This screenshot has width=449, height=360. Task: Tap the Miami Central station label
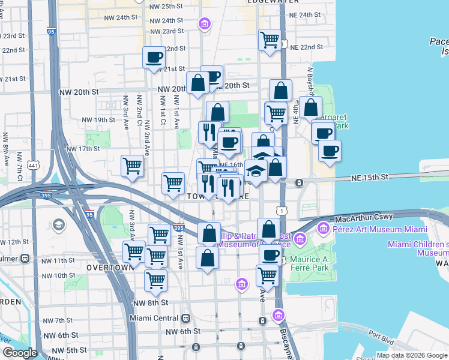pyautogui.click(x=154, y=318)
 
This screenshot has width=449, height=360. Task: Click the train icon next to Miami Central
pyautogui.click(x=186, y=318)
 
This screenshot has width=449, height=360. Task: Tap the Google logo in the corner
pyautogui.click(x=19, y=353)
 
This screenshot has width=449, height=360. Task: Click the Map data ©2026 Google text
pyautogui.click(x=412, y=355)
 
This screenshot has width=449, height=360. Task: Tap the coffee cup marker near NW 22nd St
pyautogui.click(x=154, y=58)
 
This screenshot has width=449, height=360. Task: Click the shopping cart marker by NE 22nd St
pyautogui.click(x=270, y=40)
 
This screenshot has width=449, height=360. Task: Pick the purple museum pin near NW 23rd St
pyautogui.click(x=204, y=23)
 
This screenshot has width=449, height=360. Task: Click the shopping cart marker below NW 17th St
pyautogui.click(x=132, y=166)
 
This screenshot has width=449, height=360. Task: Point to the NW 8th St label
pyautogui.click(x=147, y=303)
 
